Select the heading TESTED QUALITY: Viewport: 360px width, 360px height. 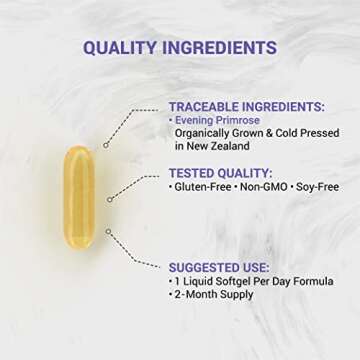[x=221, y=173]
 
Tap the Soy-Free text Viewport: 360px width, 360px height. [x=315, y=187]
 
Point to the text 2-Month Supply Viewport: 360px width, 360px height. [x=212, y=295]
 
